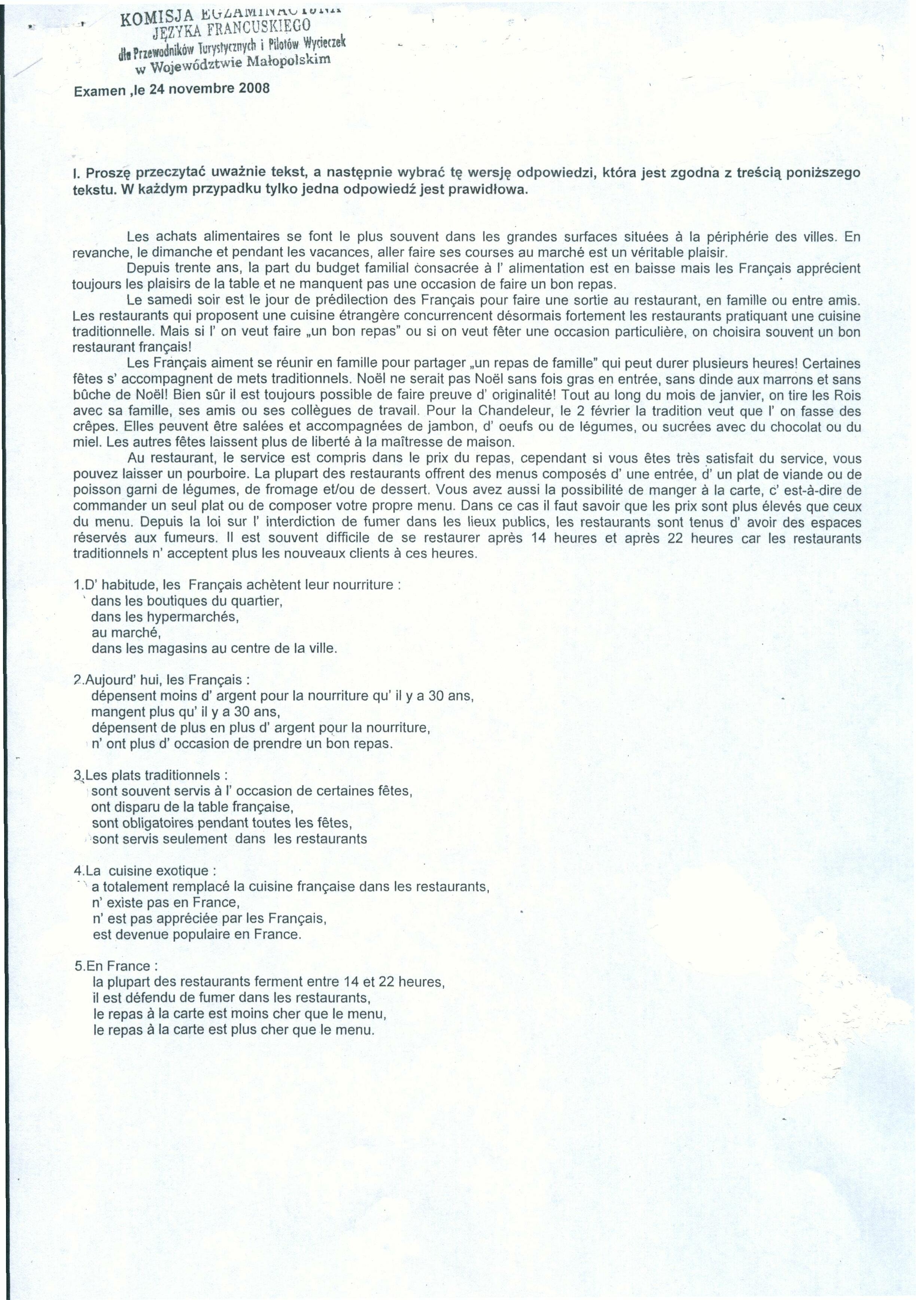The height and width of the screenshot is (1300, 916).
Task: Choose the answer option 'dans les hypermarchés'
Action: pos(165,617)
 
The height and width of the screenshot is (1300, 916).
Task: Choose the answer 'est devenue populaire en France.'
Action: pos(197,934)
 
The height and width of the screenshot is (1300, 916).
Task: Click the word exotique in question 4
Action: pos(187,870)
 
